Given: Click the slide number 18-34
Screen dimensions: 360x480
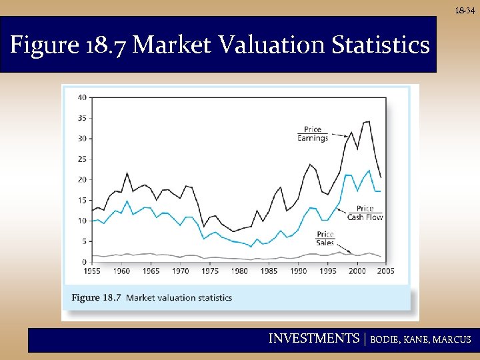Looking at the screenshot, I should tap(465, 11).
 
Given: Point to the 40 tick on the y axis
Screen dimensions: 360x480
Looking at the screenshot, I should tap(82, 97).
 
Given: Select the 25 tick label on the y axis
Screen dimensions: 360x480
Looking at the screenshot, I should tap(82, 159).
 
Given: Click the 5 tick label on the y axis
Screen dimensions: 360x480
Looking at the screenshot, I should tap(84, 241).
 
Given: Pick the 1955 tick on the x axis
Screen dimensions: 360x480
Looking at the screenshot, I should tap(93, 271).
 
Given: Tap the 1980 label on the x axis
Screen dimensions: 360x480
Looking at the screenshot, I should tap(239, 271).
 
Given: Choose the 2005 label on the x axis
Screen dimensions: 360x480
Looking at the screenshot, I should tap(385, 271).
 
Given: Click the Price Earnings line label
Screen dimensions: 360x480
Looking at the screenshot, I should tap(312, 134).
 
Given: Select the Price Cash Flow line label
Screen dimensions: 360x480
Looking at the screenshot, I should tap(365, 213).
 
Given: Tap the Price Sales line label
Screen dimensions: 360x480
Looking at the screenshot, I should tap(325, 239).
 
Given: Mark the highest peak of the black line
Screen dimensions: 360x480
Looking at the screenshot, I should tap(368, 121).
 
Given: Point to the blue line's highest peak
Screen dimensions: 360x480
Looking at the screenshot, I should tap(369, 171).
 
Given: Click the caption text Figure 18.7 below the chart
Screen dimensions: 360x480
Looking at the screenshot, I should tap(96, 297).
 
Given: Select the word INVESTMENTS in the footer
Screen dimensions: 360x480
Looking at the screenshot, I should tap(313, 339).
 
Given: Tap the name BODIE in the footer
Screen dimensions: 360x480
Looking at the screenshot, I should tap(387, 339).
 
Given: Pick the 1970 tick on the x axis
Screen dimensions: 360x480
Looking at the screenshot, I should tap(180, 271).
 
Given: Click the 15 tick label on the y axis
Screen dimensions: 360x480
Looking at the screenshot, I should tap(82, 201).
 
